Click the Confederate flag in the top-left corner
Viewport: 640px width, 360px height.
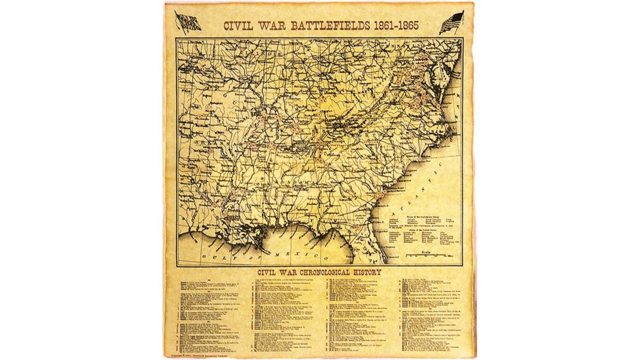(x=188, y=23)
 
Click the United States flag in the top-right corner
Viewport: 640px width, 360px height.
(x=452, y=23)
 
